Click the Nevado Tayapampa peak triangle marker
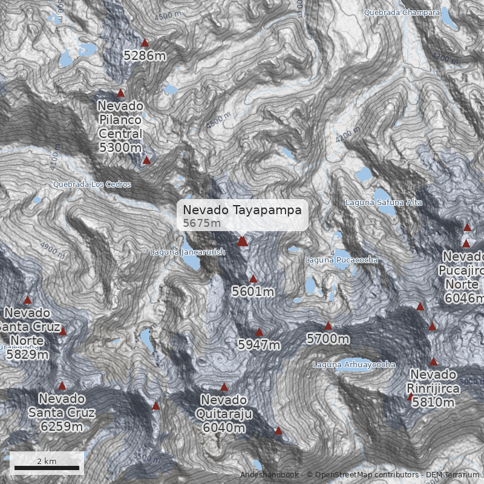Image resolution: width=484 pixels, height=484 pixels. pos(243,241)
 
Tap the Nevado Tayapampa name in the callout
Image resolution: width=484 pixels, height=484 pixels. pos(242,210)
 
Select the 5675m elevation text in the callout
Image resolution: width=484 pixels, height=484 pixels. pos(202,223)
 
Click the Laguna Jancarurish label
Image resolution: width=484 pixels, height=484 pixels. pos(188,252)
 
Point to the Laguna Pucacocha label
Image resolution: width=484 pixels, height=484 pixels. pos(341,260)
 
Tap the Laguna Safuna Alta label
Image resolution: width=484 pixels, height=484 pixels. pos(384,202)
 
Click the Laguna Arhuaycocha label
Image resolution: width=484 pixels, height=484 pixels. pos(354,364)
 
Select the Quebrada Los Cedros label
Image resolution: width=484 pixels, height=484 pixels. pos(91,185)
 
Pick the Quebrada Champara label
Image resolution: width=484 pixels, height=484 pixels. pos(402,12)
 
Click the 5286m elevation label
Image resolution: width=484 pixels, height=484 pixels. pos(145,56)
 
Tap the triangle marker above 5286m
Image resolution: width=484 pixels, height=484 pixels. pos(145,43)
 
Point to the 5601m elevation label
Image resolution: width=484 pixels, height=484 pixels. pos(253,292)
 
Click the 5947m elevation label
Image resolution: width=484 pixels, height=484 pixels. pos(259,345)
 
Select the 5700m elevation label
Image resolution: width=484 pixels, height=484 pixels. pos(328,339)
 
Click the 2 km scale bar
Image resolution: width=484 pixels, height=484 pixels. pos(47,467)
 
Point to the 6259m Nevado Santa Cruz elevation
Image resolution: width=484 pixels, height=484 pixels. pos(61,427)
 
